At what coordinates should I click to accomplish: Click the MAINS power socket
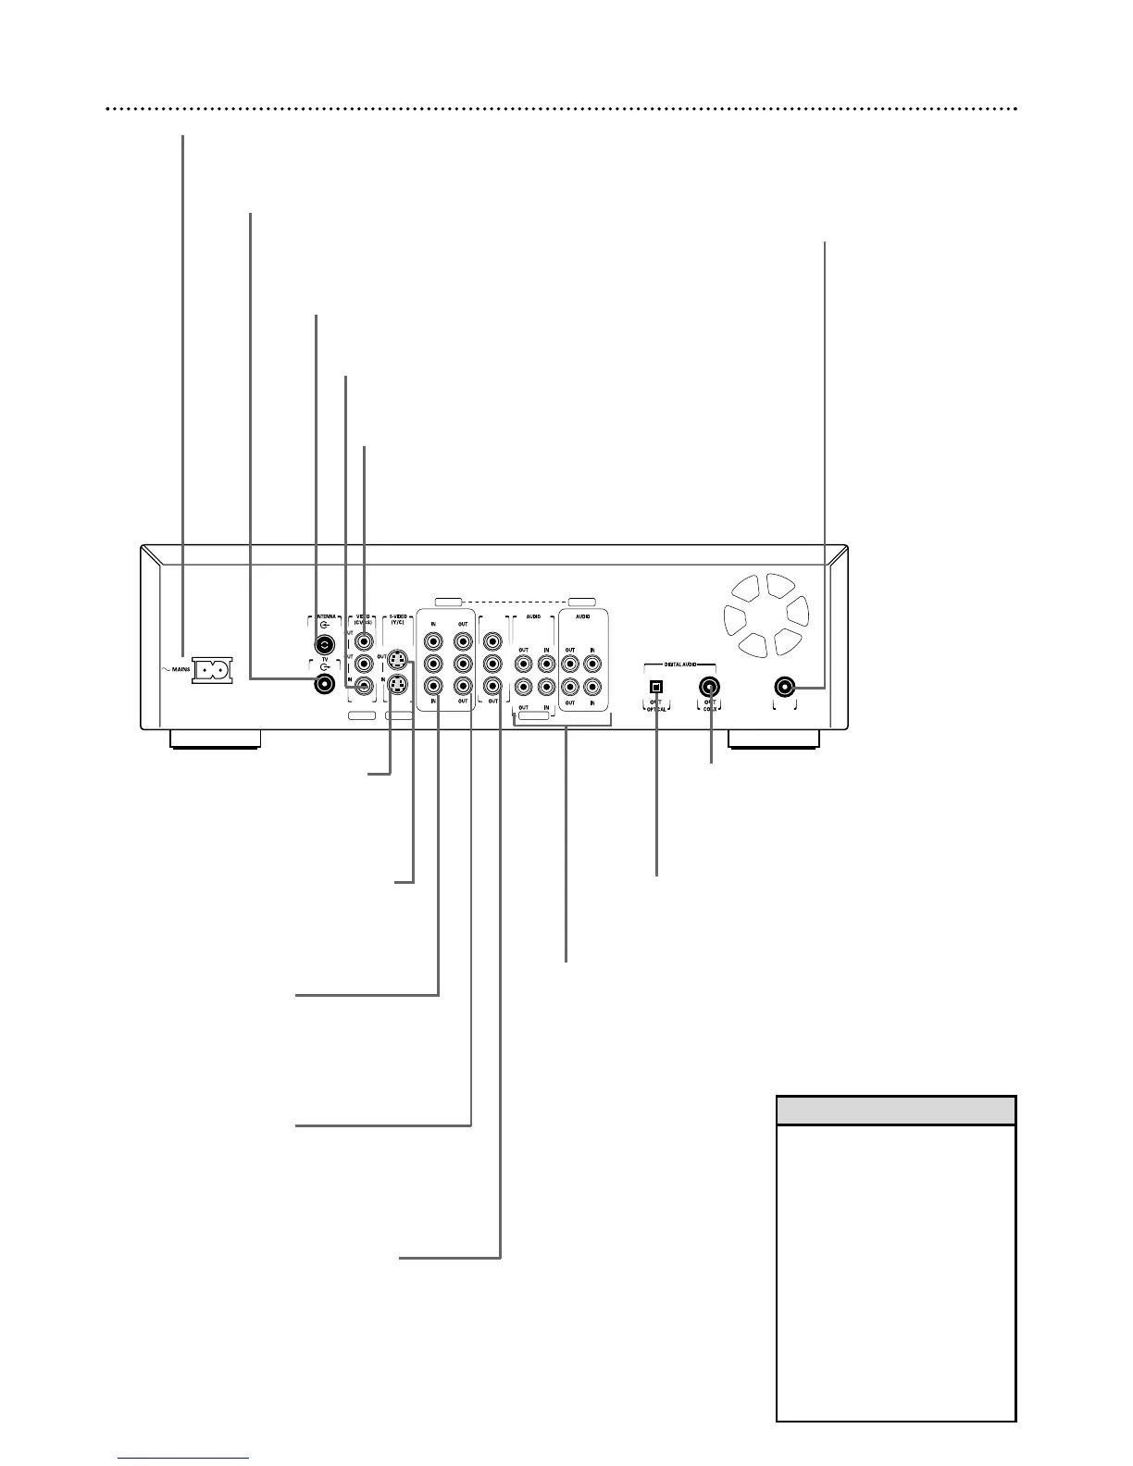point(212,669)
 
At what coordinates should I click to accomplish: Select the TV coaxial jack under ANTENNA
point(325,685)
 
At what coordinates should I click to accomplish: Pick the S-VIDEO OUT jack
point(397,660)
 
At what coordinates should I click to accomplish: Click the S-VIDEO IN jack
point(397,685)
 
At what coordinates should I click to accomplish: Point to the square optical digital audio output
point(657,687)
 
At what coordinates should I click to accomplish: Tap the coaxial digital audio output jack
point(711,687)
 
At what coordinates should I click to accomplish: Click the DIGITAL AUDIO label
point(680,665)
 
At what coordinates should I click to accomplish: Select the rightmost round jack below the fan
point(785,687)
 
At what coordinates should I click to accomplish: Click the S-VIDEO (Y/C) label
point(399,619)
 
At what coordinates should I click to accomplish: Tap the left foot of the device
point(214,739)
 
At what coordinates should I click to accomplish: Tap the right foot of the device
point(774,739)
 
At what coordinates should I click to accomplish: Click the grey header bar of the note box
point(895,1110)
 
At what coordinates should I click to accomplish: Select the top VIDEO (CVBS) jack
point(364,640)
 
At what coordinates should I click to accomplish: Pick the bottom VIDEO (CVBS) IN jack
point(364,687)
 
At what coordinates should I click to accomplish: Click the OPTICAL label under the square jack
point(656,709)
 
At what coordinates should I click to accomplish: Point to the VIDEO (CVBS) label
point(363,619)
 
